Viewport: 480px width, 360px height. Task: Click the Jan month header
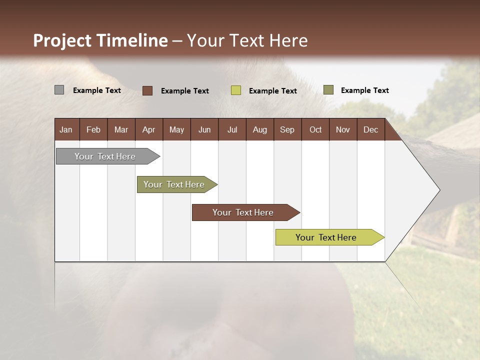click(66, 129)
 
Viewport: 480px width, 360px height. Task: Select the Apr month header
click(148, 129)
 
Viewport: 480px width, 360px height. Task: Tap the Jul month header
click(232, 129)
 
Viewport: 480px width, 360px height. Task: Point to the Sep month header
click(287, 129)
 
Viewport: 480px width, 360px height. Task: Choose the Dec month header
click(370, 129)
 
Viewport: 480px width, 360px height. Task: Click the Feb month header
click(93, 129)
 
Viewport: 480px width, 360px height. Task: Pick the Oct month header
click(315, 129)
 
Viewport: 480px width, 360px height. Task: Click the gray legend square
click(59, 90)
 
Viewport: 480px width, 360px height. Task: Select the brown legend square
click(147, 90)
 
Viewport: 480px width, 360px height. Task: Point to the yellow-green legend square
click(235, 90)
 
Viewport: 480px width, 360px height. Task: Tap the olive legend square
click(328, 90)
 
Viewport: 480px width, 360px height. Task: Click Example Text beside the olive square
click(364, 90)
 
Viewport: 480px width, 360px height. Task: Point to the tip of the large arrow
click(438, 190)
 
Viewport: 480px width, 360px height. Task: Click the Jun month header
click(204, 129)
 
